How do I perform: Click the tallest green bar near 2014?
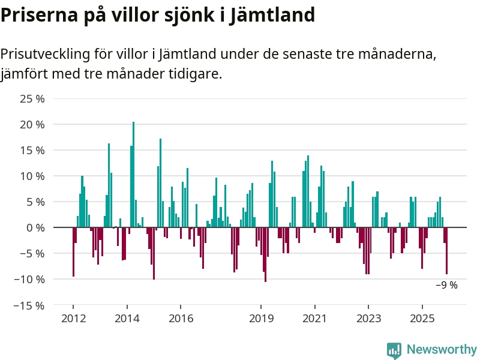(133, 174)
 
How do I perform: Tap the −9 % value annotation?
(446, 286)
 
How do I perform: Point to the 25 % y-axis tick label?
(32, 99)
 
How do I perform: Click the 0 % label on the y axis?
(35, 228)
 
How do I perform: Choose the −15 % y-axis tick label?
(29, 305)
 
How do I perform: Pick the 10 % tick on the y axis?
(32, 176)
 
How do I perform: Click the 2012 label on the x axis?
(73, 319)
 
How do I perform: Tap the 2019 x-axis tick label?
(262, 319)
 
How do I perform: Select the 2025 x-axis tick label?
(422, 319)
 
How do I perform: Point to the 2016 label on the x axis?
(181, 319)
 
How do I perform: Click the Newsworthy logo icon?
(394, 350)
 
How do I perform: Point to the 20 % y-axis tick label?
(32, 125)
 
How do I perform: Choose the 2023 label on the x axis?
(368, 319)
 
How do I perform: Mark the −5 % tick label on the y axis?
(32, 254)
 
